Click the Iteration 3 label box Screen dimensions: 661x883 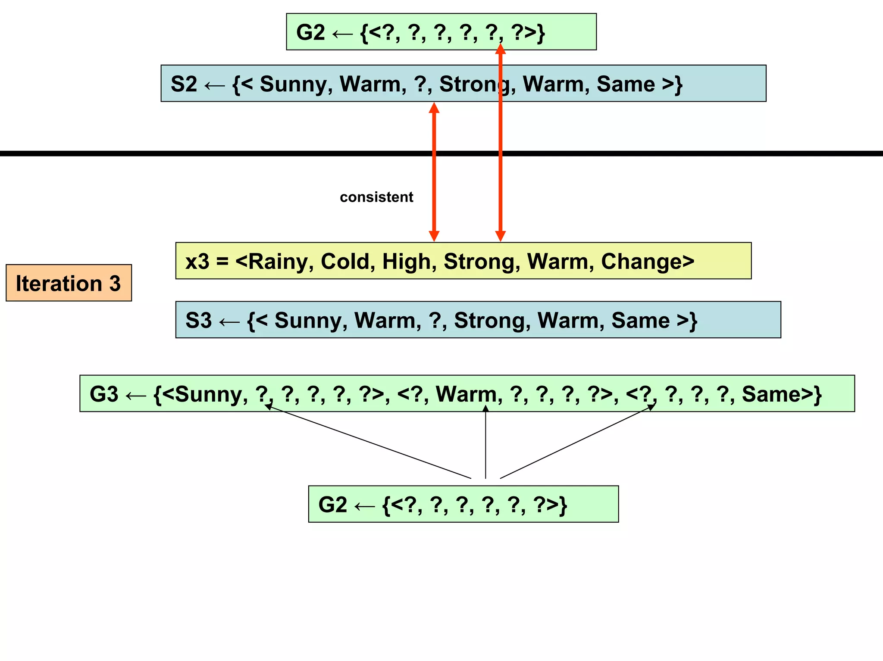[69, 283]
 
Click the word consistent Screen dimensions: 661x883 [376, 197]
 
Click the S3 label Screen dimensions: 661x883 [199, 320]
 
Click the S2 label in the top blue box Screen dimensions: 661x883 [184, 84]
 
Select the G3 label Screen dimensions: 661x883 [104, 394]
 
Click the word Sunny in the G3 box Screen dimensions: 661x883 [211, 394]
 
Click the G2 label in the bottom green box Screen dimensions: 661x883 [332, 504]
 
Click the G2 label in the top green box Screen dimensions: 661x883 [310, 32]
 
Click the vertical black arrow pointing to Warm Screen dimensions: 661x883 [485, 444]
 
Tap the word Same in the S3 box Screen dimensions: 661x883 [640, 320]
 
